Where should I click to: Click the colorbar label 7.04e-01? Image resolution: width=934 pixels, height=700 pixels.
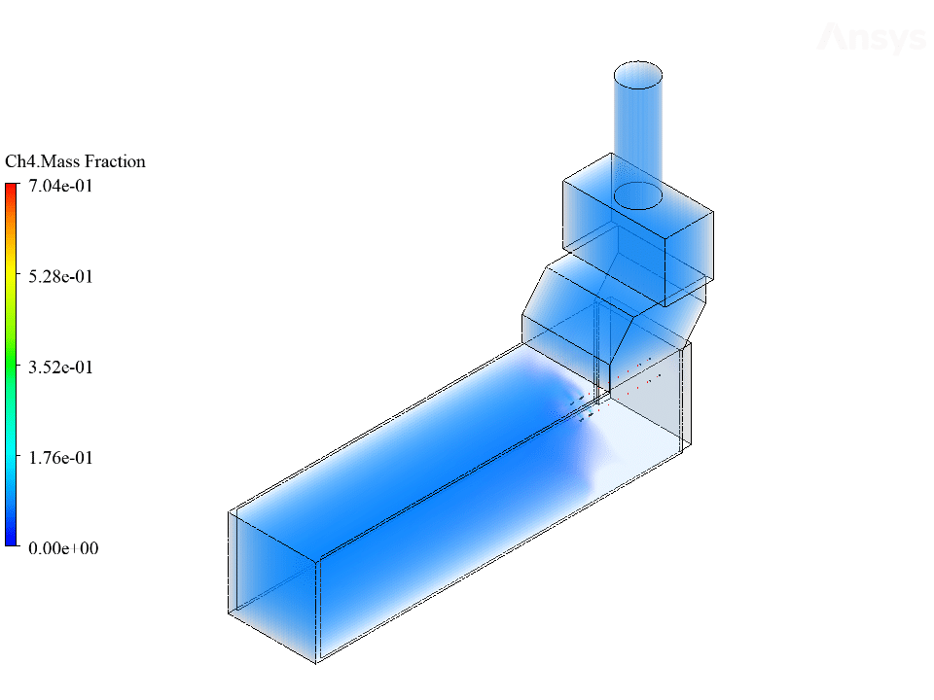[60, 187]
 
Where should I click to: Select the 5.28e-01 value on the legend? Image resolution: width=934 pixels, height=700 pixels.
[60, 277]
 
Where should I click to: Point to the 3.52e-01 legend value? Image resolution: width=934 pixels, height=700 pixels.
[60, 367]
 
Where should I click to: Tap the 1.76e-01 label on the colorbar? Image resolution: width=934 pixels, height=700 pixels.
[60, 458]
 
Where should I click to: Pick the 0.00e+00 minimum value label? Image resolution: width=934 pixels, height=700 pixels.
[63, 548]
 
